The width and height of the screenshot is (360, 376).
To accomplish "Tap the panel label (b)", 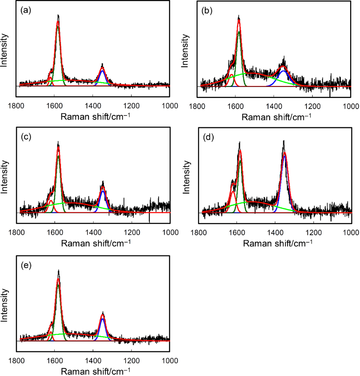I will tap(207, 11).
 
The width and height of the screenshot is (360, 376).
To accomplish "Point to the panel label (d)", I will tap(207, 138).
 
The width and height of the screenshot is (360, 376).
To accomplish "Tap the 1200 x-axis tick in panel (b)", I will tap(312, 106).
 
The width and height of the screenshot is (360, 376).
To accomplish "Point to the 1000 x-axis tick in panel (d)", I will tap(350, 232).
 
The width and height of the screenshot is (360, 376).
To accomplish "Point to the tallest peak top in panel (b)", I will tap(239, 17).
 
